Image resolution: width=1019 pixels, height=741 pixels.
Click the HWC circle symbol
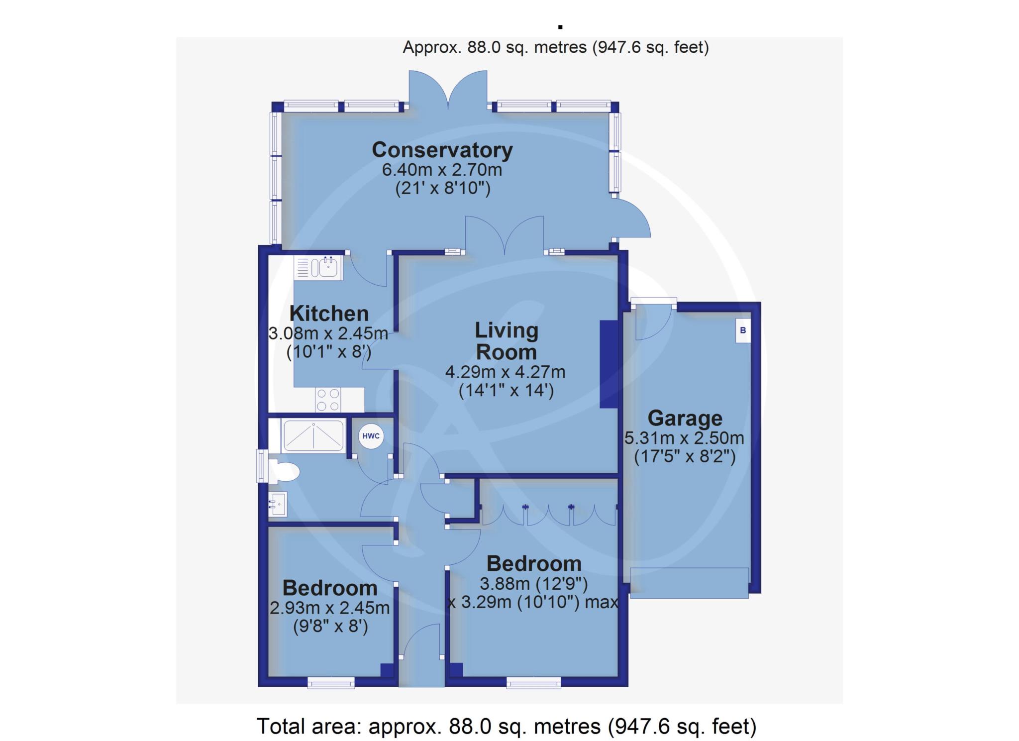371,436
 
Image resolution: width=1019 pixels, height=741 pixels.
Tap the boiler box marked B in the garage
743,330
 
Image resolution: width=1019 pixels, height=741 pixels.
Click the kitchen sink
318,267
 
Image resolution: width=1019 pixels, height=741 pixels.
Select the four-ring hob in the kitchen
328,400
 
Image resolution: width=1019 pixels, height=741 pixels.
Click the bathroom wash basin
277,504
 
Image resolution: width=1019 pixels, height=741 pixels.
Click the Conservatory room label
442,150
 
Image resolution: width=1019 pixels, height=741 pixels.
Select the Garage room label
685,419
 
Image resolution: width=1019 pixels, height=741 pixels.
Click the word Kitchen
329,314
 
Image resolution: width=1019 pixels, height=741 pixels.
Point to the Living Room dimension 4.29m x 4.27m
505,372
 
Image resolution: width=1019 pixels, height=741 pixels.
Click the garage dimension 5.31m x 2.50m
684,438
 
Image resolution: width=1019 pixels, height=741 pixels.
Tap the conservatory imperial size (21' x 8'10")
443,189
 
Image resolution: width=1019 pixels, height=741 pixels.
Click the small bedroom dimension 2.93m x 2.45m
329,608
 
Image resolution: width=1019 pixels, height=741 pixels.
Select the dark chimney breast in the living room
609,364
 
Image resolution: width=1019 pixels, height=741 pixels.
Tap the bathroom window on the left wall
262,466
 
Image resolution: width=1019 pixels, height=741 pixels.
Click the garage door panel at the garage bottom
689,582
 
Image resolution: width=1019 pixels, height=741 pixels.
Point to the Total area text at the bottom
507,726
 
